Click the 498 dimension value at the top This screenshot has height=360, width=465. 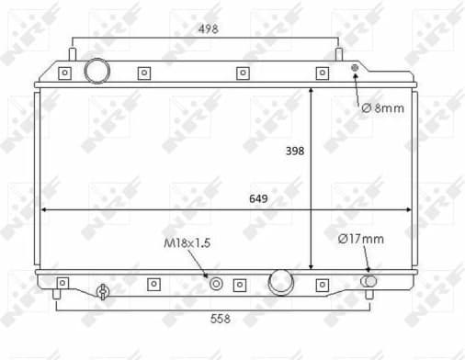coord(210,28)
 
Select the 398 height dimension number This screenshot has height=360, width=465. coord(294,150)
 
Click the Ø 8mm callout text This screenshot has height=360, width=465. coord(381,108)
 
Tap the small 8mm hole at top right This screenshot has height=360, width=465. coord(356,68)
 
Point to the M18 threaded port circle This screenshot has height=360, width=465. coord(217,284)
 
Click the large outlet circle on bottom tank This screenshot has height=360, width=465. coord(279,283)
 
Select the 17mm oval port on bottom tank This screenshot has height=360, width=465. coord(369,281)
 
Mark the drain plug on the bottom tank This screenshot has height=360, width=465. coord(103,292)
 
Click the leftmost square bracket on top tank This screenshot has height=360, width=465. coord(64,73)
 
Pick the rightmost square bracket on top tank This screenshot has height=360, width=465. coord(322,73)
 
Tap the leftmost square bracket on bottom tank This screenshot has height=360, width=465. coord(62,283)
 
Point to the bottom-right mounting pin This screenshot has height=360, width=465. coord(369,295)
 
